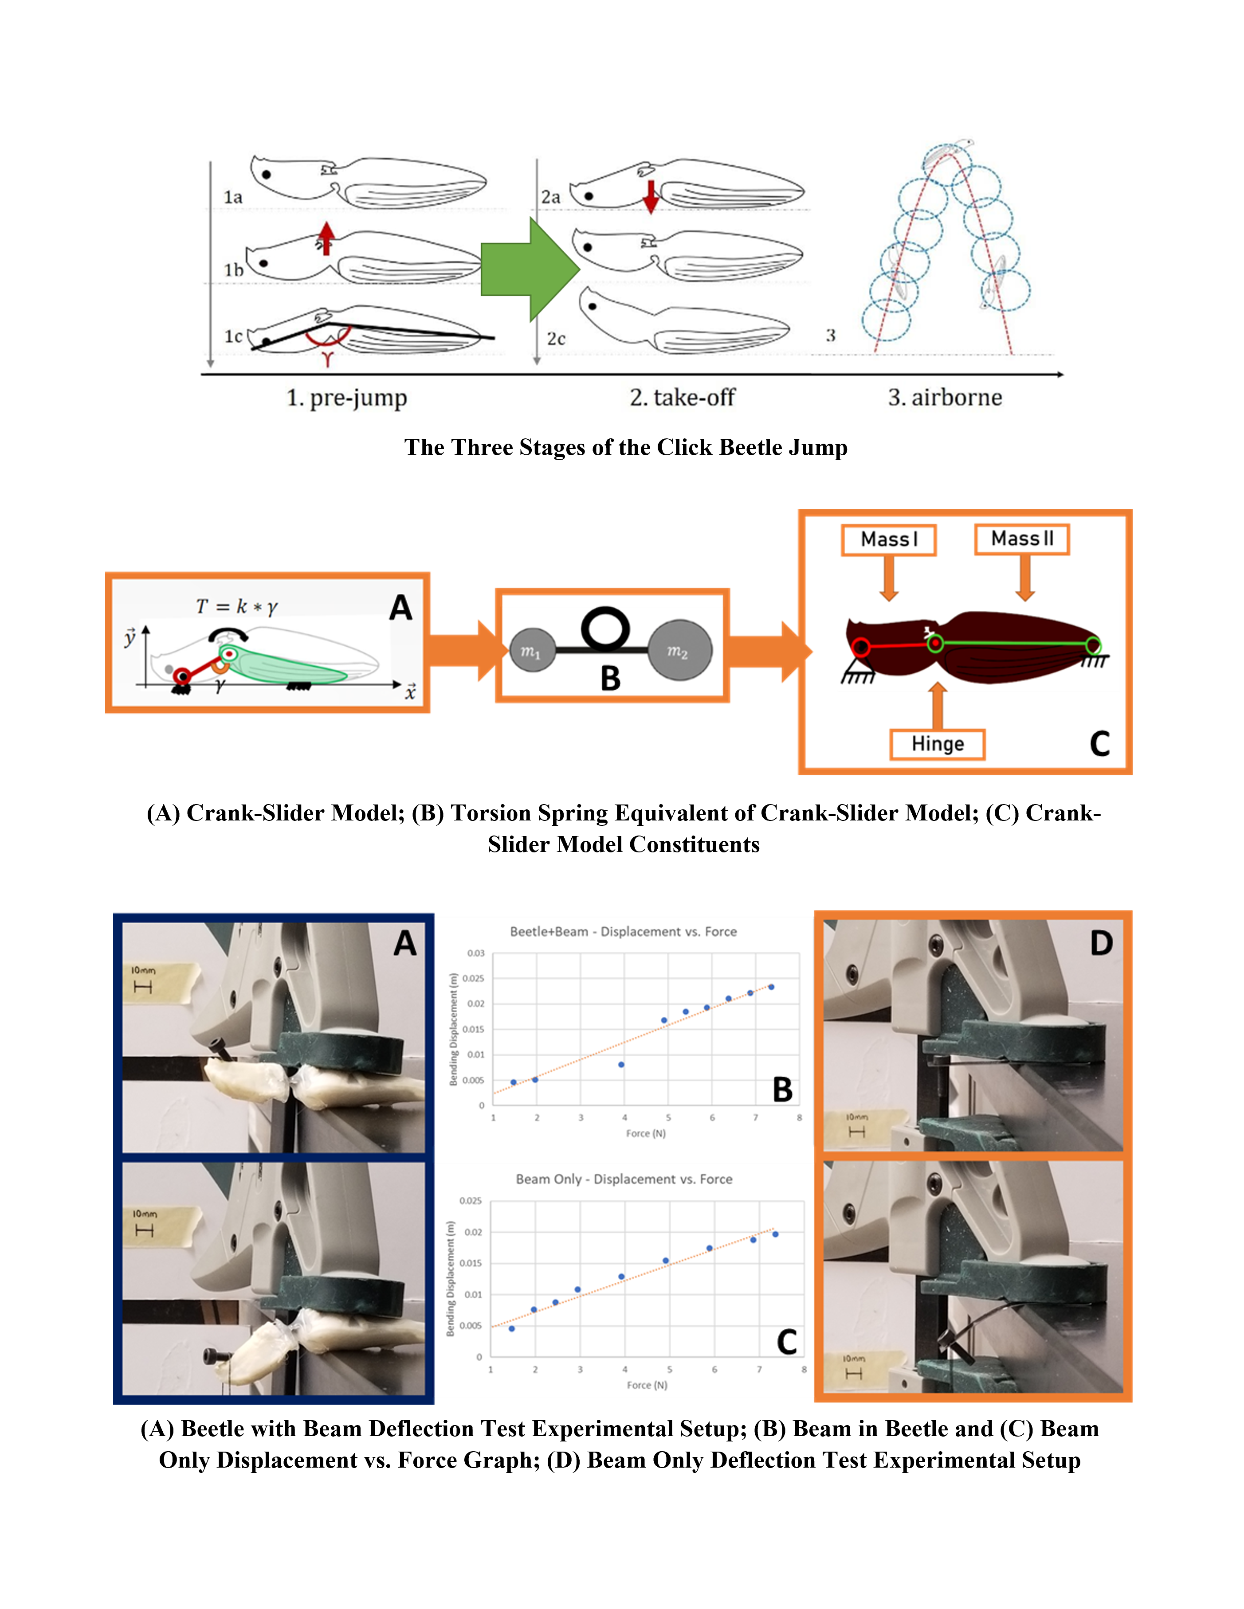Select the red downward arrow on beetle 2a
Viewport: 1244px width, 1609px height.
click(650, 195)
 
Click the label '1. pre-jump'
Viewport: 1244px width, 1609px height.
click(346, 398)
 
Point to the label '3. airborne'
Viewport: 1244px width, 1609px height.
click(945, 398)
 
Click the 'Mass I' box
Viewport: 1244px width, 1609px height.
click(889, 539)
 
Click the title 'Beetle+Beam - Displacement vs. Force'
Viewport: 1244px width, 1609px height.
click(624, 931)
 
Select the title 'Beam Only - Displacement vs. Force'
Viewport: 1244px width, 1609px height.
click(624, 1179)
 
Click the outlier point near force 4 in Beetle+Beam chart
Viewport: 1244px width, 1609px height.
click(621, 1065)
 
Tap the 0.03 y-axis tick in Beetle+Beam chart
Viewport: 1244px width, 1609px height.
click(475, 953)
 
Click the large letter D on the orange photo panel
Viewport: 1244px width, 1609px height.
click(1101, 943)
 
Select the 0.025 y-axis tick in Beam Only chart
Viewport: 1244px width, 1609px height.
click(471, 1201)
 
